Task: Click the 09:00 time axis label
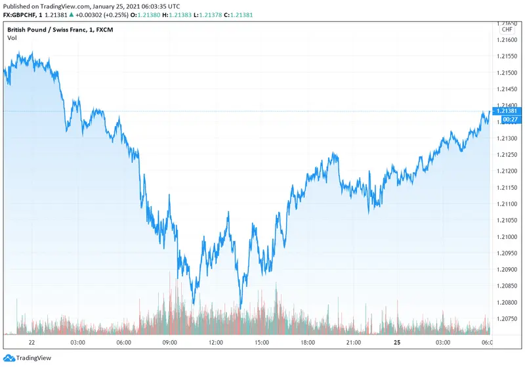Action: (x=170, y=343)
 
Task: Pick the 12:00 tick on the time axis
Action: (x=216, y=343)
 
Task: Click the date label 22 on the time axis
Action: (x=31, y=343)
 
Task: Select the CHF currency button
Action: (x=507, y=30)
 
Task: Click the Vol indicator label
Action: (x=12, y=38)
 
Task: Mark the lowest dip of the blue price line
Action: (x=240, y=309)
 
